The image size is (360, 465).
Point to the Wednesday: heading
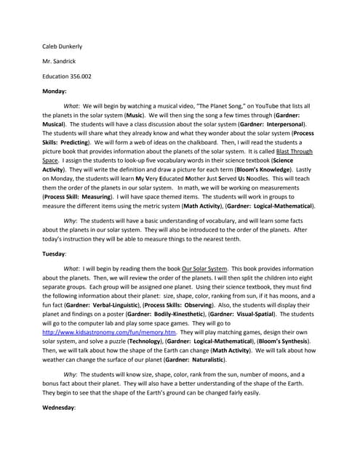[59, 408]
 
